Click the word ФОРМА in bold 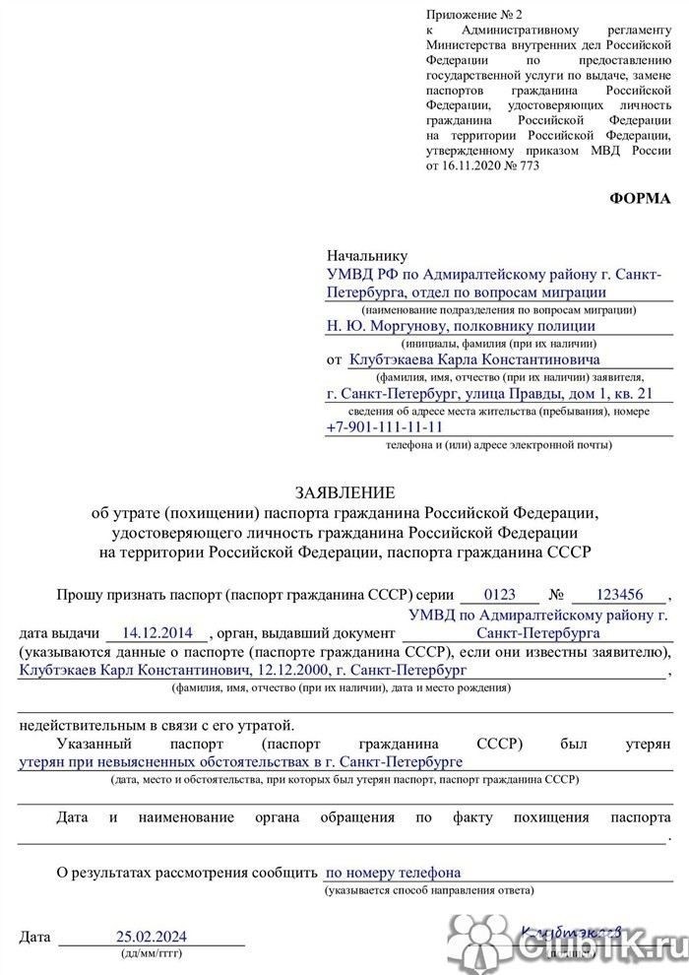pyautogui.click(x=640, y=198)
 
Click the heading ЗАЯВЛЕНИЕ pyautogui.click(x=344, y=491)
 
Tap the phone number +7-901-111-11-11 pyautogui.click(x=384, y=427)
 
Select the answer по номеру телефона pyautogui.click(x=392, y=872)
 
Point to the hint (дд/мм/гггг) pyautogui.click(x=151, y=954)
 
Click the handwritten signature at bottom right pyautogui.click(x=572, y=932)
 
